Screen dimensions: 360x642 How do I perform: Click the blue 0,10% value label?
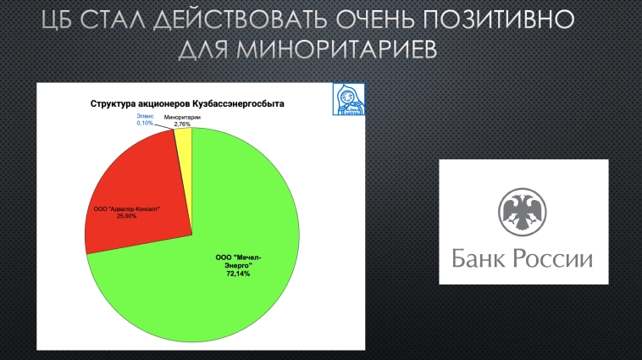145,124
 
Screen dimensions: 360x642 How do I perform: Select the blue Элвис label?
145,118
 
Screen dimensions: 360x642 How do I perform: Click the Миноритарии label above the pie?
182,118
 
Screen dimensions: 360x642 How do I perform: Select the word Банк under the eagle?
483,258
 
